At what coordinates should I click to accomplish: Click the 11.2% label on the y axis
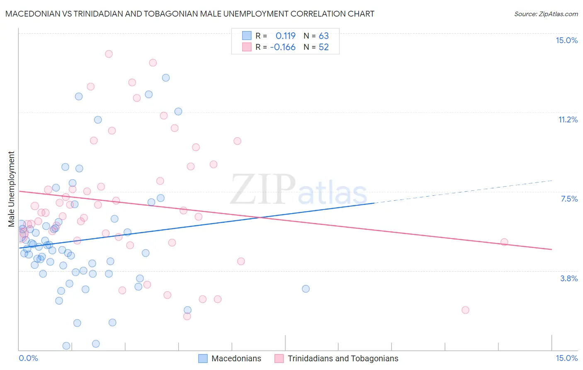tap(568, 120)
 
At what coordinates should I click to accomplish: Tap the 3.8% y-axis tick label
tap(569, 278)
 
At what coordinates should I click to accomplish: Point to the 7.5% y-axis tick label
tap(569, 199)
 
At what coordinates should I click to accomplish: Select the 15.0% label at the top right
tap(566, 40)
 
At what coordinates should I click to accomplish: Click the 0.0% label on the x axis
tap(29, 358)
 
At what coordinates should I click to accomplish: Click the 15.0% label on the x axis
tap(566, 358)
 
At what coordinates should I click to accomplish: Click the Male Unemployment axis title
tap(11, 189)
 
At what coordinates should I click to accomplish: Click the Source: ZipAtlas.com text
tap(546, 14)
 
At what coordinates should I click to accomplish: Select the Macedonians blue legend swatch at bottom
tap(203, 358)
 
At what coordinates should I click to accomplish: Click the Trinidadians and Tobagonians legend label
tap(343, 358)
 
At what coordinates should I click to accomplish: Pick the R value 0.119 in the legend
tap(285, 36)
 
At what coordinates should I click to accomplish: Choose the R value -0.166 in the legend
tap(283, 47)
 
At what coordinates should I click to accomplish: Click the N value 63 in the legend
tap(323, 36)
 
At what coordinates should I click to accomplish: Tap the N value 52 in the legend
tap(323, 47)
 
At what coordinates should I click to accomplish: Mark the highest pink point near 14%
tap(109, 54)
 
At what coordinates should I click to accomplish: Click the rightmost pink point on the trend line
tap(504, 242)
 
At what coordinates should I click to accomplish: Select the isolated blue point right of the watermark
tap(306, 289)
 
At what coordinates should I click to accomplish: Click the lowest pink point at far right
tap(465, 310)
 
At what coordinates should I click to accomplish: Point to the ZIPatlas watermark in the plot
tap(299, 190)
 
